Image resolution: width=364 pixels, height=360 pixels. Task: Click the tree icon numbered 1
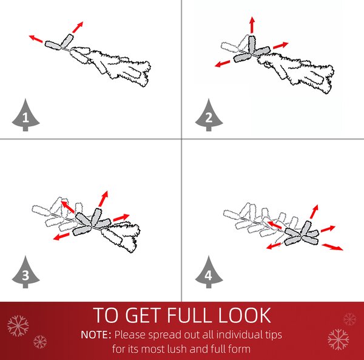coord(25,115)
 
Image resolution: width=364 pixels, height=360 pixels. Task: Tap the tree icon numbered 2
coord(209,115)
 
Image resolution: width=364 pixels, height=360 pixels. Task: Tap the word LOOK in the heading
coord(244,315)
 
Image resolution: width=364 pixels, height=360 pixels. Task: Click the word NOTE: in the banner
coord(96,335)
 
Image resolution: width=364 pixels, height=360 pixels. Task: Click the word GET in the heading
coord(143,315)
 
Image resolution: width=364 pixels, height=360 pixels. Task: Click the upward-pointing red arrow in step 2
coord(252,25)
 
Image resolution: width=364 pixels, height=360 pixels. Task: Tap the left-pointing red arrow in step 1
coord(36,39)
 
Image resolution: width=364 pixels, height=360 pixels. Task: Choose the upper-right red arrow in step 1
coord(78,27)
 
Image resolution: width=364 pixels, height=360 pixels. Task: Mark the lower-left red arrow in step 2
coord(223,64)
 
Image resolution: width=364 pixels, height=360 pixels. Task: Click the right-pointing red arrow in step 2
coord(281,46)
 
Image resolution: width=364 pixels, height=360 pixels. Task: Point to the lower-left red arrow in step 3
coord(61,236)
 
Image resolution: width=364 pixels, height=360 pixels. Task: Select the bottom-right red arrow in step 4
coord(332,247)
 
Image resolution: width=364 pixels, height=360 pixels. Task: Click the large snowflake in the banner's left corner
coord(18,325)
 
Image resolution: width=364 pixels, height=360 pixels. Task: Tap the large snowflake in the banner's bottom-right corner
coord(339,339)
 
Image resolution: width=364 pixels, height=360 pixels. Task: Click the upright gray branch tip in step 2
coord(252,44)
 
